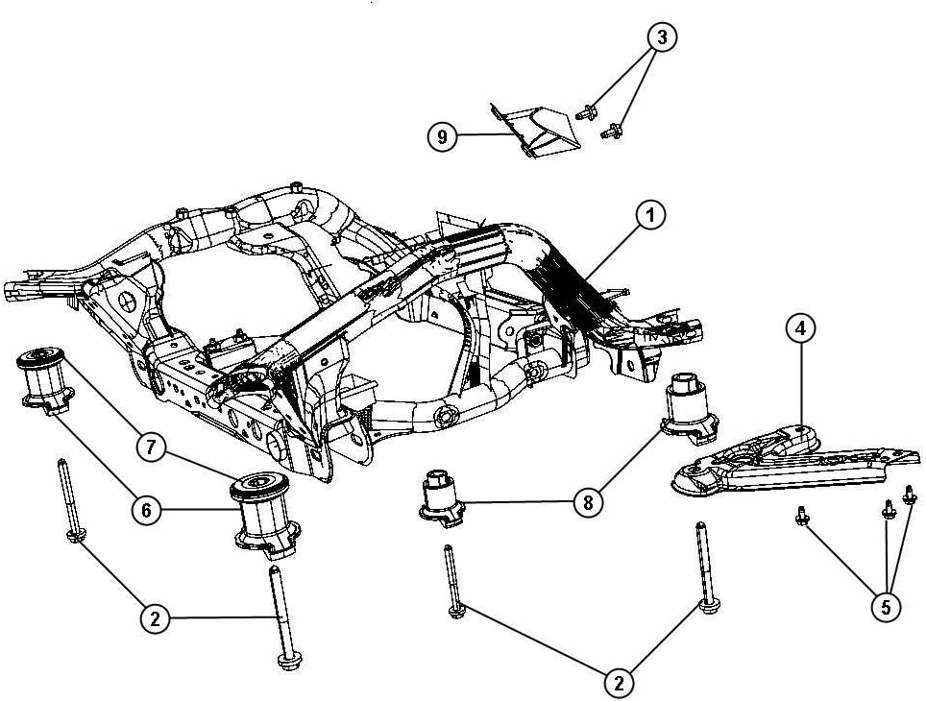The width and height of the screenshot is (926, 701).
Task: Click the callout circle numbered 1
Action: (650, 217)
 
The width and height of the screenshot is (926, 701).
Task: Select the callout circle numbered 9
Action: (442, 137)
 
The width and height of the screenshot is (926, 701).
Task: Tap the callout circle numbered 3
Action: (661, 37)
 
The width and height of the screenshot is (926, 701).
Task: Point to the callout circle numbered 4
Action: (800, 328)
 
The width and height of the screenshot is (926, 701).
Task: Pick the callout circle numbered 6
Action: (146, 510)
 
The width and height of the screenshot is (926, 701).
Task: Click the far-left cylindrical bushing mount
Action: (42, 380)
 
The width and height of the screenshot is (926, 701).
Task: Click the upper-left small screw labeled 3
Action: (585, 114)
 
